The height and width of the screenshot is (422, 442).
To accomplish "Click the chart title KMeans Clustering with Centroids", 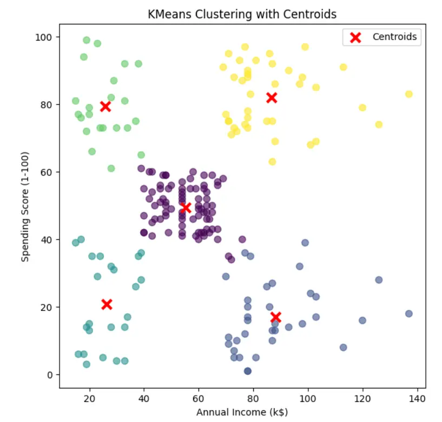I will [x=242, y=15].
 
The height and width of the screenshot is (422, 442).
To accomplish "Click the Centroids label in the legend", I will [x=394, y=37].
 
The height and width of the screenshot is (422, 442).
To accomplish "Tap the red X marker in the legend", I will [x=355, y=37].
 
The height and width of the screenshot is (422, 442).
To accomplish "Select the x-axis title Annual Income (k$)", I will [x=242, y=412].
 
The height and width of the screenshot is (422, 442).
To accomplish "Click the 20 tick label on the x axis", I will [x=89, y=399].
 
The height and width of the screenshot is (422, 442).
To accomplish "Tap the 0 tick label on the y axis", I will [x=50, y=374].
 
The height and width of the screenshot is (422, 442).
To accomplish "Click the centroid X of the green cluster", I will [x=105, y=106].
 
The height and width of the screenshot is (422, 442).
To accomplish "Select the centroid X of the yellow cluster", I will [x=272, y=98].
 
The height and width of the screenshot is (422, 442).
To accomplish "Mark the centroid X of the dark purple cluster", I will [x=186, y=208].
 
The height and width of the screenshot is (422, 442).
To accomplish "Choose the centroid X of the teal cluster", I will [x=107, y=304].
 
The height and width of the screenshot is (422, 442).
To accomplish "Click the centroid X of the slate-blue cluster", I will [x=276, y=317].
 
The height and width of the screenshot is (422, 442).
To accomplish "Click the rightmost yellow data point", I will [x=409, y=94].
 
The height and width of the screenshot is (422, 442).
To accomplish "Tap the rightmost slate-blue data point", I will [x=409, y=314].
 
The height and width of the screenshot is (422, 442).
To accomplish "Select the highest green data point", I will [x=87, y=40].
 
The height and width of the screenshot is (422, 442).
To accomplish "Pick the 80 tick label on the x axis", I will [x=253, y=399].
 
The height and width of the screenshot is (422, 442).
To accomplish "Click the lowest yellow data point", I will [x=272, y=162].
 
